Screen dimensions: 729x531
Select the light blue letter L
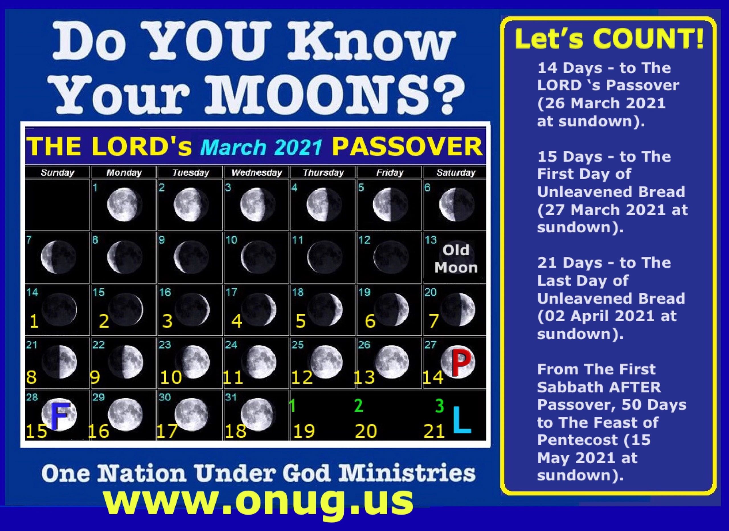[x=462, y=419]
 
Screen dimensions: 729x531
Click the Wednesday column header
[x=257, y=173]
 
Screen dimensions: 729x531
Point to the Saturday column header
[x=456, y=173]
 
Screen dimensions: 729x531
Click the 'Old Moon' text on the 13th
[x=456, y=259]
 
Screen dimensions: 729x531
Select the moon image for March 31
[x=258, y=415]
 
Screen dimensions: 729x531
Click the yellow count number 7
[x=434, y=321]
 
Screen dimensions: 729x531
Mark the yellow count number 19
[x=304, y=431]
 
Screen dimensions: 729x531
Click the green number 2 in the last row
[x=359, y=406]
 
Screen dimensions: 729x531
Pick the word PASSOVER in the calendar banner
[x=407, y=147]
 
